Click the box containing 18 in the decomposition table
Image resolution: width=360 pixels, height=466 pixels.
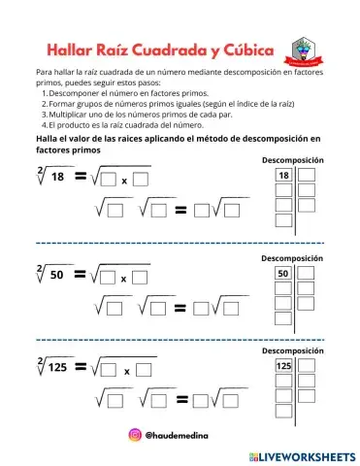click(x=284, y=175)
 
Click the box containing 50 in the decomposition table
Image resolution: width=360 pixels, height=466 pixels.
click(x=284, y=274)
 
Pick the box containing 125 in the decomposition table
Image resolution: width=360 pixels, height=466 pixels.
click(x=284, y=366)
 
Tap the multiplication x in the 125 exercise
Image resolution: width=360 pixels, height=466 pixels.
click(x=124, y=371)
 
